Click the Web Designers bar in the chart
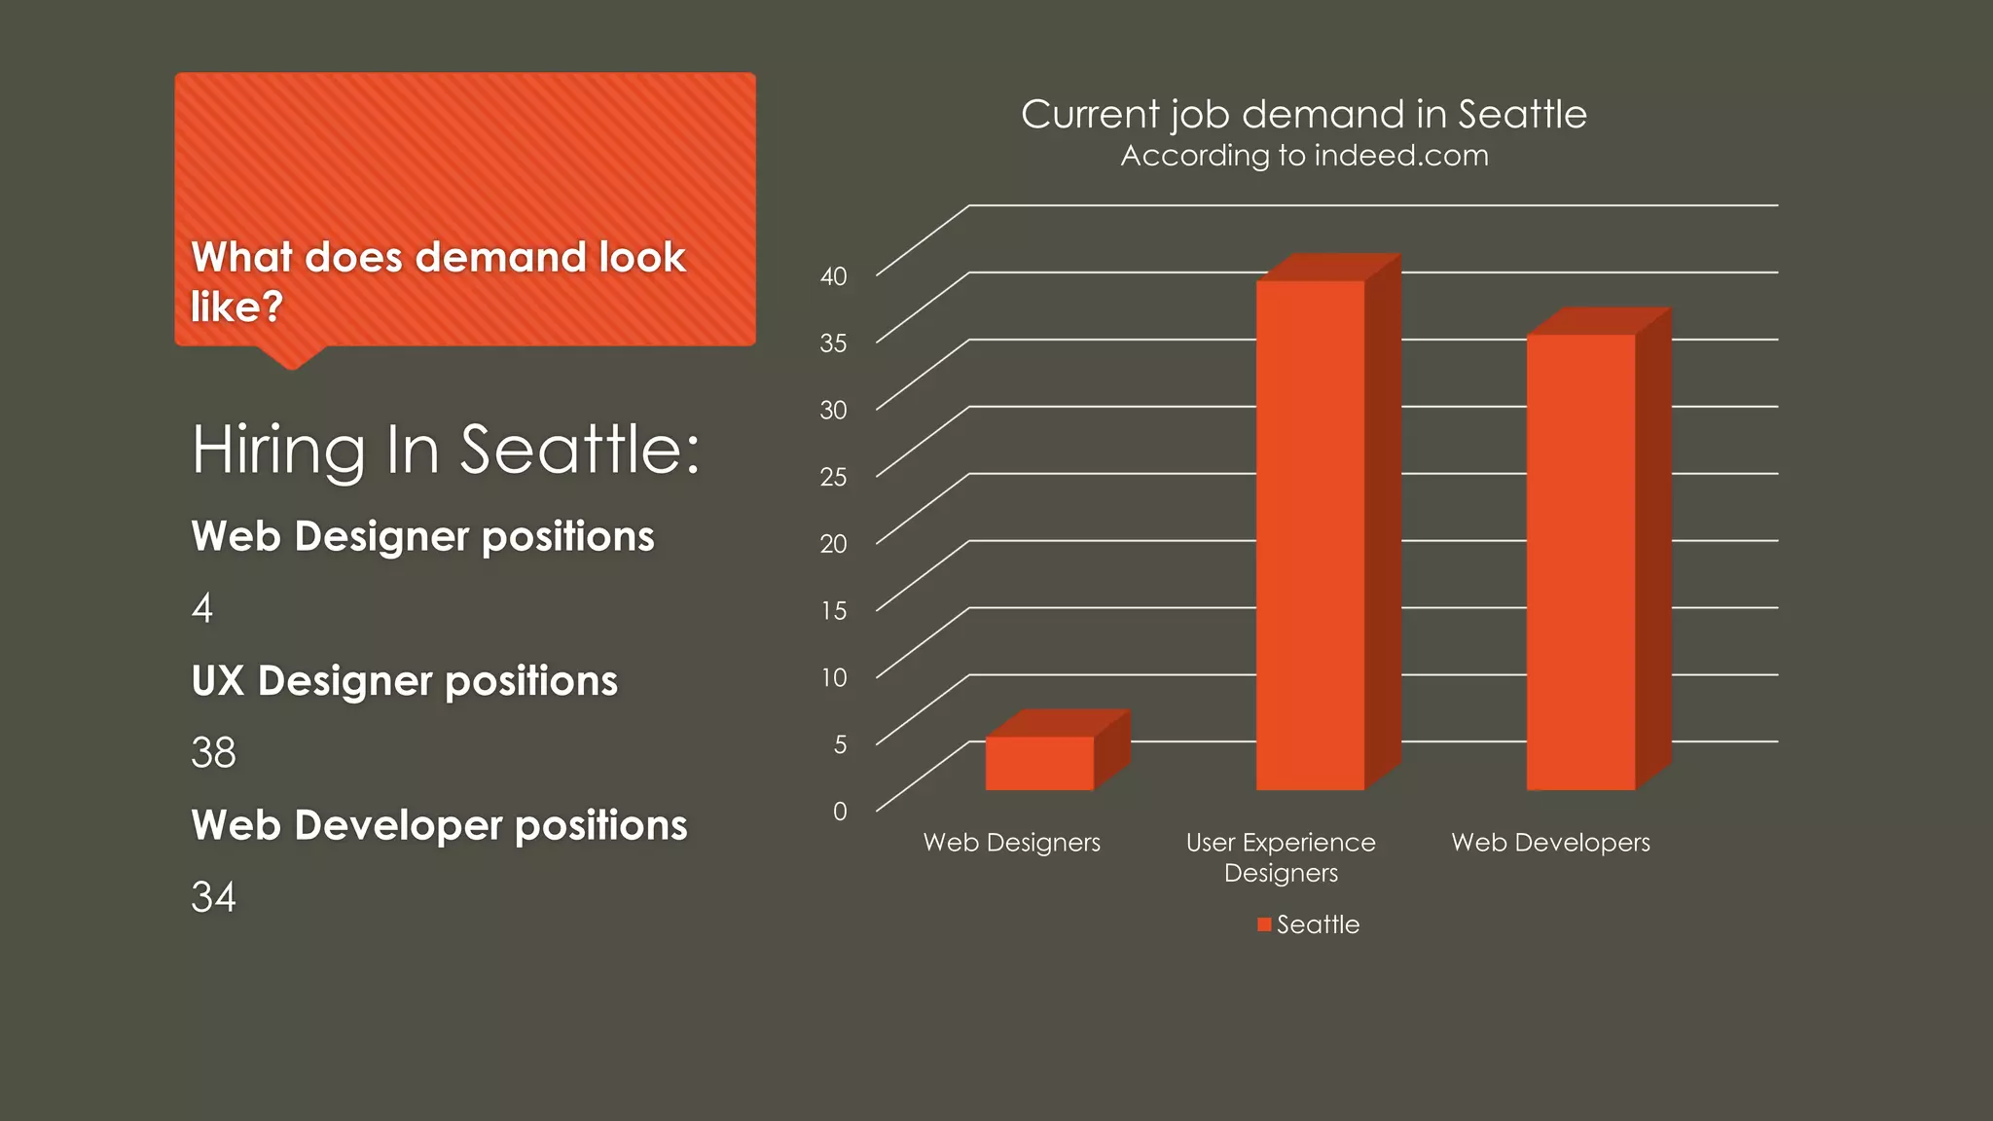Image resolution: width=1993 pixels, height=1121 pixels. tap(1039, 763)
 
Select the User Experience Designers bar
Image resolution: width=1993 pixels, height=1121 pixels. tap(1310, 535)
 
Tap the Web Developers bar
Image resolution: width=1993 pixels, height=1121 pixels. tap(1580, 561)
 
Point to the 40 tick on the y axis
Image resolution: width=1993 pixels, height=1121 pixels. tap(833, 276)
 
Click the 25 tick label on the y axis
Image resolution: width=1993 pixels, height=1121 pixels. tap(833, 477)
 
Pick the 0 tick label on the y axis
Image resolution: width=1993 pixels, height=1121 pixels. tap(840, 811)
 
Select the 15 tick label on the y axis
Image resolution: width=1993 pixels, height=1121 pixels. tap(833, 610)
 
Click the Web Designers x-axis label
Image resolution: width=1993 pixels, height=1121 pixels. tap(1011, 843)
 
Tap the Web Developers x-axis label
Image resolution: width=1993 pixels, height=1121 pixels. tap(1550, 843)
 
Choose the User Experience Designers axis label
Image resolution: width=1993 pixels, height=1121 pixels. tap(1281, 857)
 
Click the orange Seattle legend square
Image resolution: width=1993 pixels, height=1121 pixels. tap(1264, 924)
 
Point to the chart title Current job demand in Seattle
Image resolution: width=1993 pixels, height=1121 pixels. tap(1303, 115)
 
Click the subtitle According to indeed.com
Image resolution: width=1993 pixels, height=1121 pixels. tap(1304, 156)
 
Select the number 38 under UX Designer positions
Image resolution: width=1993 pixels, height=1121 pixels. tap(213, 752)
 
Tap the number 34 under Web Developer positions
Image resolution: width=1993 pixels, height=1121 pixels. tap(213, 897)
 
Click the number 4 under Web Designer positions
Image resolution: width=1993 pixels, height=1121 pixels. tap(202, 608)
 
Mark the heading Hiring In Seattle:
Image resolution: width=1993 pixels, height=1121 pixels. tap(445, 450)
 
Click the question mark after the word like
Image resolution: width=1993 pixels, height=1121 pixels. tap(272, 307)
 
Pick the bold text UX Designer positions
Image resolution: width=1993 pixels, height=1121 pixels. tap(404, 681)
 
